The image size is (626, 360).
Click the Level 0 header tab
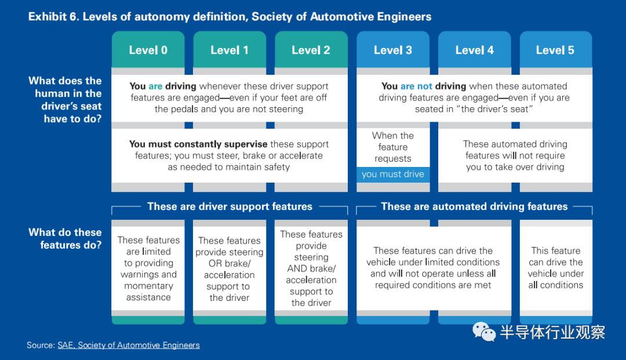[x=148, y=49]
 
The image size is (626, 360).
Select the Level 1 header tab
[x=230, y=49]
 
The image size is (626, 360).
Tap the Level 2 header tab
[x=311, y=49]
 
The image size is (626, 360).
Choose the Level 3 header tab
[x=393, y=49]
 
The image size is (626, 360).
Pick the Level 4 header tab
[x=475, y=49]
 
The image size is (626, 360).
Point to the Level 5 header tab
[x=556, y=49]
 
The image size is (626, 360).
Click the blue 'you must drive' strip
[x=393, y=174]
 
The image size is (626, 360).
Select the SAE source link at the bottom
[x=129, y=346]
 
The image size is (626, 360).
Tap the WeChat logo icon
[x=484, y=332]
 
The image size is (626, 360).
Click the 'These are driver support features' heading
[x=230, y=206]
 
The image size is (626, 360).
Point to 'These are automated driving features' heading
[x=474, y=206]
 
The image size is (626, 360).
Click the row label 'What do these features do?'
[x=65, y=239]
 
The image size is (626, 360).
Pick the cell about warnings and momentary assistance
[x=148, y=268]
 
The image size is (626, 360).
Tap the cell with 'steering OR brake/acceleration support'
[x=230, y=268]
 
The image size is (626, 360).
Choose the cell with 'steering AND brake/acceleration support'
[x=311, y=268]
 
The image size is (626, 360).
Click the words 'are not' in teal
[x=416, y=86]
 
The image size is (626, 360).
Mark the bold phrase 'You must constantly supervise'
[x=198, y=144]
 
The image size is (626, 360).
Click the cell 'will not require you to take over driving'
[x=515, y=155]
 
